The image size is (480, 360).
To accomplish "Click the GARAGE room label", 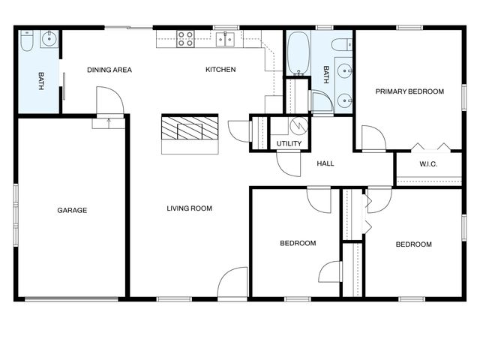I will tap(72, 210).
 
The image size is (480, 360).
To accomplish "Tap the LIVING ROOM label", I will tap(189, 208).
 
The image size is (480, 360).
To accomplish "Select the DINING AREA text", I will tap(109, 70).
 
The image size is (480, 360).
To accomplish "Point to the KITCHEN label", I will tap(220, 70).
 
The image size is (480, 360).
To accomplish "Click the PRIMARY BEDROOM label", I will tap(409, 91).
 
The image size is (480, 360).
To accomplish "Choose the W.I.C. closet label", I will tap(428, 164).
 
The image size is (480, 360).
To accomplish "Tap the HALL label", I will tap(325, 163).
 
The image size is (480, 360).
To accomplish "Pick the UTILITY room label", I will tap(289, 143).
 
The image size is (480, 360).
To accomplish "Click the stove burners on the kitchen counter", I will tap(186, 39).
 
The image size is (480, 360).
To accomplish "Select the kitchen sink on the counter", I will tap(226, 39).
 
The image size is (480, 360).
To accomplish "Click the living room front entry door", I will tap(233, 283).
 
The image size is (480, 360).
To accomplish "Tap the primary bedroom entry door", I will tap(373, 139).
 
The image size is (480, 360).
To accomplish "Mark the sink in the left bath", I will tap(49, 39).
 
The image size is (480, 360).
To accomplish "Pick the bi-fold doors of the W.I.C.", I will tap(431, 147).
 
